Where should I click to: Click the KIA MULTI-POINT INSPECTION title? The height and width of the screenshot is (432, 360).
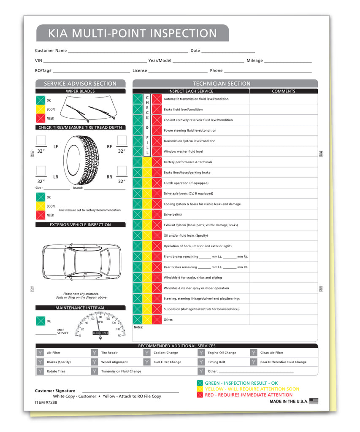(x=132, y=33)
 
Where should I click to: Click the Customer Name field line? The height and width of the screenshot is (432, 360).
(x=127, y=51)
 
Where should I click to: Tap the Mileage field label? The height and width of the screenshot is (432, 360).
(x=254, y=61)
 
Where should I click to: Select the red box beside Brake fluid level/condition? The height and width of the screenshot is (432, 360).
(x=157, y=110)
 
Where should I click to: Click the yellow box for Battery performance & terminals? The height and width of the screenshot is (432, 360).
(x=147, y=162)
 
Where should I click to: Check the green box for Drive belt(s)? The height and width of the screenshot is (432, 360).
(x=138, y=215)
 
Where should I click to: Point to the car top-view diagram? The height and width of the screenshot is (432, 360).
(x=81, y=262)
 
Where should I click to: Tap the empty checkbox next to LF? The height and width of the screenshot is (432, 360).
(x=41, y=140)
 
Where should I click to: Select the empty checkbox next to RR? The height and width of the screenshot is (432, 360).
(x=122, y=170)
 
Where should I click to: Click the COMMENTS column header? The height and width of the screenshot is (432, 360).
(x=283, y=91)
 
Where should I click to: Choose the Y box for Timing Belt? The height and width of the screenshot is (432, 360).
(x=201, y=362)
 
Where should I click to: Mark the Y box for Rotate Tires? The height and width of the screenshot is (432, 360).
(x=40, y=371)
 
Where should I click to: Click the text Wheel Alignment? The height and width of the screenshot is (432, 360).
(x=114, y=362)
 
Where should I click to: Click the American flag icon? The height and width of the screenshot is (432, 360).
(x=314, y=401)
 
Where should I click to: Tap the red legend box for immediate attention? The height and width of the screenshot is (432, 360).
(x=200, y=395)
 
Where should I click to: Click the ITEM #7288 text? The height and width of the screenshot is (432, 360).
(x=46, y=402)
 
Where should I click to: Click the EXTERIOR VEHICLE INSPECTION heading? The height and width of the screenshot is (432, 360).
(x=80, y=225)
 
